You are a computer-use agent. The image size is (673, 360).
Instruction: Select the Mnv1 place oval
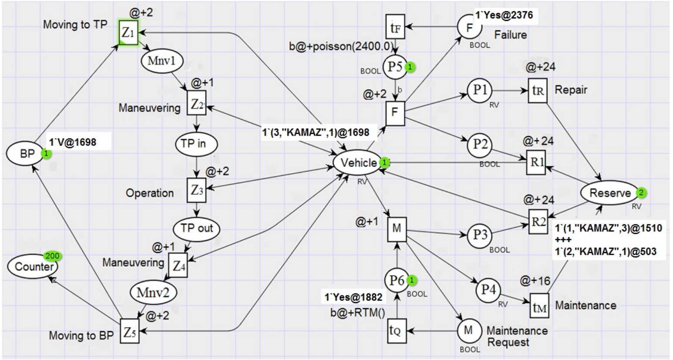coord(162,61)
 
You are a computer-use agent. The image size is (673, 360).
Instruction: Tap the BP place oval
coord(27,154)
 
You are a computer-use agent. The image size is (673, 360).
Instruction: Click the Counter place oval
coord(33,266)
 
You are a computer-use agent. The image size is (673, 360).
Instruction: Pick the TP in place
coord(196,144)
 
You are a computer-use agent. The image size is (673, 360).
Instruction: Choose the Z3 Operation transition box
coord(196,190)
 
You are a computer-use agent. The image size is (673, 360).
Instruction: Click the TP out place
coord(197,229)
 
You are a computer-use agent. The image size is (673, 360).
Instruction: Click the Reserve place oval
coord(610,193)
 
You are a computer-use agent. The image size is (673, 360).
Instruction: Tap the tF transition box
coord(395,26)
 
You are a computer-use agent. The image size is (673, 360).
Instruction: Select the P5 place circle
coord(395,67)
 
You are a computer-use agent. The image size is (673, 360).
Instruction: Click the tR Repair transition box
coord(538,91)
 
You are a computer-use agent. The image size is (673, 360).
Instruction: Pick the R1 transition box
coord(536,162)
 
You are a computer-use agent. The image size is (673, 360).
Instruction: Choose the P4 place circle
coord(488,290)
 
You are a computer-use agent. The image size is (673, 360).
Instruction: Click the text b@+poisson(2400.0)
coord(341,47)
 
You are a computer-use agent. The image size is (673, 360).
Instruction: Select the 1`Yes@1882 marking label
coord(353,297)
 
